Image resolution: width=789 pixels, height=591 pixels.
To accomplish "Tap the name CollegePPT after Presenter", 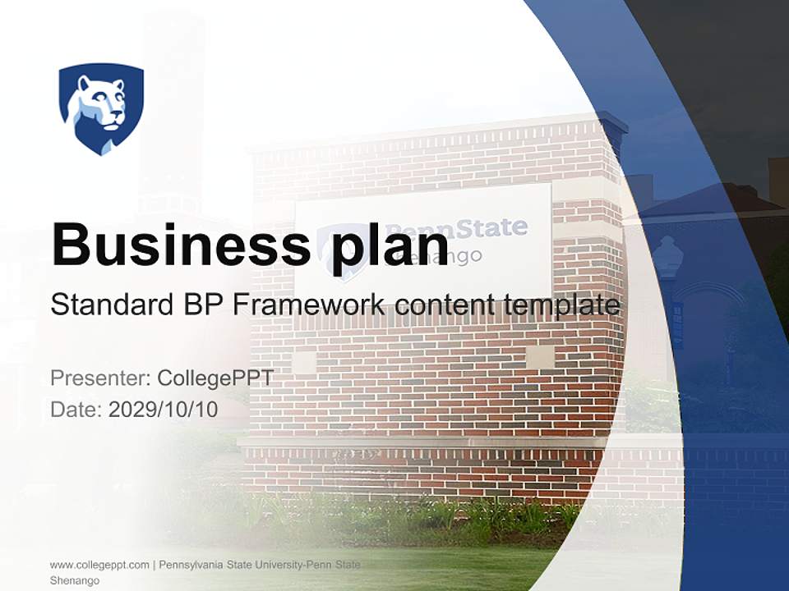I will (215, 378).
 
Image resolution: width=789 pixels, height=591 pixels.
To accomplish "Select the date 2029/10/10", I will (164, 409).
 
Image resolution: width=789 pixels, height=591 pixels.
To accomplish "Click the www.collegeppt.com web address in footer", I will (99, 565).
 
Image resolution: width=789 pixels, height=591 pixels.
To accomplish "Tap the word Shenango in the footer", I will (75, 580).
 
